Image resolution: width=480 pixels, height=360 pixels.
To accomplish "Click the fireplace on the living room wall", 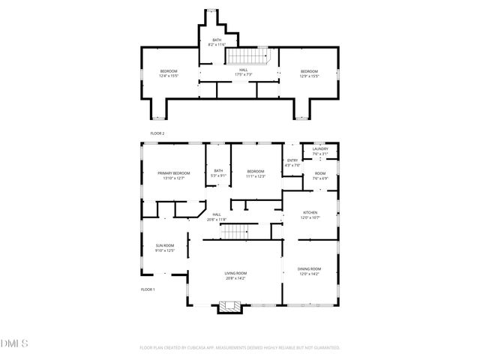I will [229, 307].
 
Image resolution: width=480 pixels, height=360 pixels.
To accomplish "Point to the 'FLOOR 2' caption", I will [157, 133].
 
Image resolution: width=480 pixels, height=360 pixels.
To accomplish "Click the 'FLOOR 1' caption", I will [148, 289].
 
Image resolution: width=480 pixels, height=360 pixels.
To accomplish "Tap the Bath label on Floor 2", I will [217, 40].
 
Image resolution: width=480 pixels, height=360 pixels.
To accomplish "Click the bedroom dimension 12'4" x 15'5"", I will [168, 75].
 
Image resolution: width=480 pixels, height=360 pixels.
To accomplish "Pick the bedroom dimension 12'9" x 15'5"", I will [310, 75].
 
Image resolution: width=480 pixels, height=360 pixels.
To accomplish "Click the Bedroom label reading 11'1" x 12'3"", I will [256, 176].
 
